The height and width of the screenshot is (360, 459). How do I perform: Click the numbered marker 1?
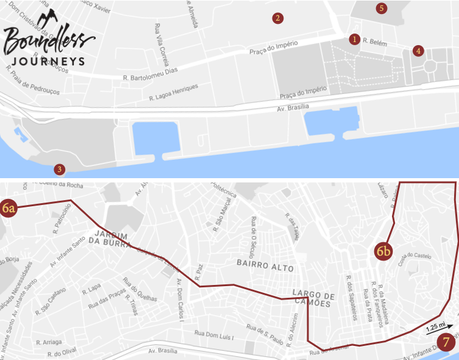354,39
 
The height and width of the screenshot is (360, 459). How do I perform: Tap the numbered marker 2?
277,18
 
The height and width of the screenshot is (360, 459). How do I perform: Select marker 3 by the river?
60,169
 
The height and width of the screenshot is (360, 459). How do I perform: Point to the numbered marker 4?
418,51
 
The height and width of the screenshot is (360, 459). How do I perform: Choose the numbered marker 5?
382,9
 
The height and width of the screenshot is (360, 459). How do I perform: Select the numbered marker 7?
447,342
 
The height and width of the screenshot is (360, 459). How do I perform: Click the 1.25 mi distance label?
434,328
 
